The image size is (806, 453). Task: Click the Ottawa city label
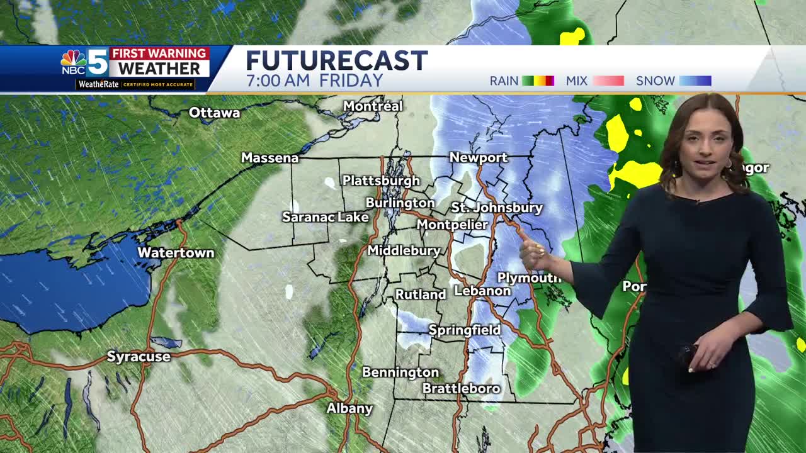coord(214,113)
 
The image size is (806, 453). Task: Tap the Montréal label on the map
coord(373,106)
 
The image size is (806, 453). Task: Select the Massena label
coord(270,158)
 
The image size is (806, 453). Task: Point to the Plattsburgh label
coord(380,181)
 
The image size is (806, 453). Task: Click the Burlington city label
coord(400,203)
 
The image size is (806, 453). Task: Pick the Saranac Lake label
coord(325,217)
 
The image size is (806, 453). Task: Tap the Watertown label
coord(176,253)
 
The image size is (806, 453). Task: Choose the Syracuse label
coord(139,357)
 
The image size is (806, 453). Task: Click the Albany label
coord(349,408)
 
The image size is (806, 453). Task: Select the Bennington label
coord(400,372)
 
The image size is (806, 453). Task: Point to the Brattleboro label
coord(461,389)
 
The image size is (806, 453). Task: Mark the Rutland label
coord(420,294)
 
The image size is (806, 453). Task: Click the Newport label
coord(478,158)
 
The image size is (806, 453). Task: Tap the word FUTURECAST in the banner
coord(337,61)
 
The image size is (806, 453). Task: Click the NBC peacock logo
coord(73,59)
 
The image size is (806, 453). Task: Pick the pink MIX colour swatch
coord(608,81)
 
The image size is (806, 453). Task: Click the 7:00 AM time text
coord(279,81)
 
